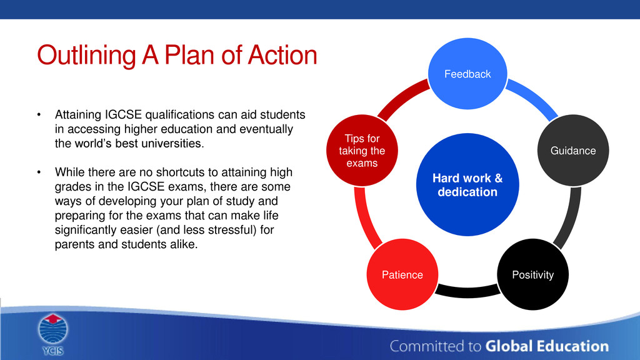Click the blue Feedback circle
click(467, 74)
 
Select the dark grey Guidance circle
click(573, 150)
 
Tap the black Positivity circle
click(532, 274)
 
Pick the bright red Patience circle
click(402, 274)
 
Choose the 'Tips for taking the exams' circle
click(362, 150)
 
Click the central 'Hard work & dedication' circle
click(467, 184)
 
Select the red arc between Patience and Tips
click(364, 218)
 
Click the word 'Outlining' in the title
click(86, 55)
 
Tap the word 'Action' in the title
click(282, 55)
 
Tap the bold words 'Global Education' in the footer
click(547, 346)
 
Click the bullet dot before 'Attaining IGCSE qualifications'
click(39, 115)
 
